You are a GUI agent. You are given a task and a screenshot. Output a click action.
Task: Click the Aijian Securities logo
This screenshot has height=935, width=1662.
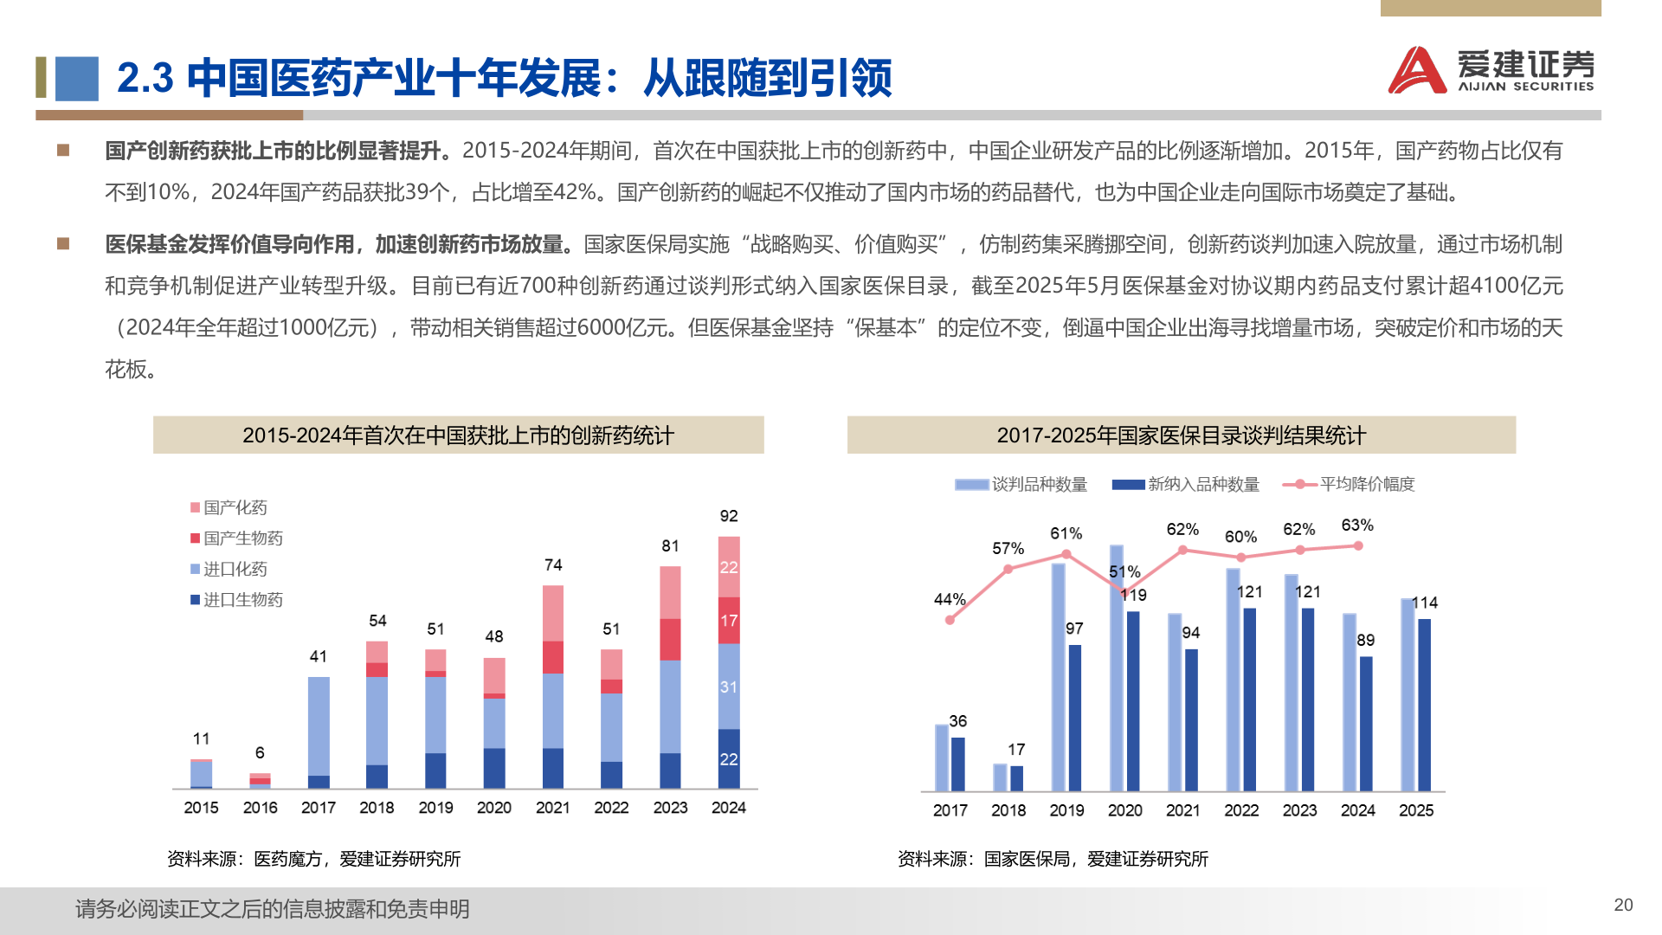(1491, 69)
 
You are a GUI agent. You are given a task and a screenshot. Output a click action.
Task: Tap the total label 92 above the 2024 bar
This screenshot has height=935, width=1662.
(729, 516)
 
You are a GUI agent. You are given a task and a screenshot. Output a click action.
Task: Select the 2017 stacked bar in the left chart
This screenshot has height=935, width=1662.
(319, 732)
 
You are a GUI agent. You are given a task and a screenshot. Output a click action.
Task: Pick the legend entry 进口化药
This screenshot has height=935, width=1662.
(229, 569)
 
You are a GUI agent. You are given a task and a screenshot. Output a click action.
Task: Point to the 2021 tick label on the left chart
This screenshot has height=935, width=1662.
(552, 808)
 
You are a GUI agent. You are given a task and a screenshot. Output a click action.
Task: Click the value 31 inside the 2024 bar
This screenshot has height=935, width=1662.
(729, 687)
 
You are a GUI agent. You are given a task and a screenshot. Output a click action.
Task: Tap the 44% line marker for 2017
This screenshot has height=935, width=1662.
(950, 620)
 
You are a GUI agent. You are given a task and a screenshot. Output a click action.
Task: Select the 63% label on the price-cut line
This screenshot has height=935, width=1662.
(1357, 526)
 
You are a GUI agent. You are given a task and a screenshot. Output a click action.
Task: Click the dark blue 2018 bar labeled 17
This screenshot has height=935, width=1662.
(1017, 778)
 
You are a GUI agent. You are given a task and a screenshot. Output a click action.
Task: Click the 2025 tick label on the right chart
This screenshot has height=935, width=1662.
(1416, 810)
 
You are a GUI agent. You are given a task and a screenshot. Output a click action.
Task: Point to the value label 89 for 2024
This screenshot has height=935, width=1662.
(1366, 641)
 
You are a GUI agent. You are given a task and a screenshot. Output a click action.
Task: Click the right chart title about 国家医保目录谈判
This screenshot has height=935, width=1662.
(1181, 435)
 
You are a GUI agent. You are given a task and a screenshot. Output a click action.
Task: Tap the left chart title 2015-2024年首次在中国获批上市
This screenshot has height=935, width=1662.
(458, 435)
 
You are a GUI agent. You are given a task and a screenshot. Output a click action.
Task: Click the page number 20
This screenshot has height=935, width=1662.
(1623, 905)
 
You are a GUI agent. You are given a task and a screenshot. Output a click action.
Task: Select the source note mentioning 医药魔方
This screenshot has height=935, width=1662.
(313, 859)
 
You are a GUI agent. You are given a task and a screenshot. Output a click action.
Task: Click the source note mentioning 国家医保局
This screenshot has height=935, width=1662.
(1053, 859)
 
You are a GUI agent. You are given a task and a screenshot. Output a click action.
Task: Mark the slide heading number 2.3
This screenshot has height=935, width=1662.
(145, 78)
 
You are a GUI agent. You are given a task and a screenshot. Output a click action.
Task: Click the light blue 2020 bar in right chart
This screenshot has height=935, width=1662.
(1117, 667)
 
